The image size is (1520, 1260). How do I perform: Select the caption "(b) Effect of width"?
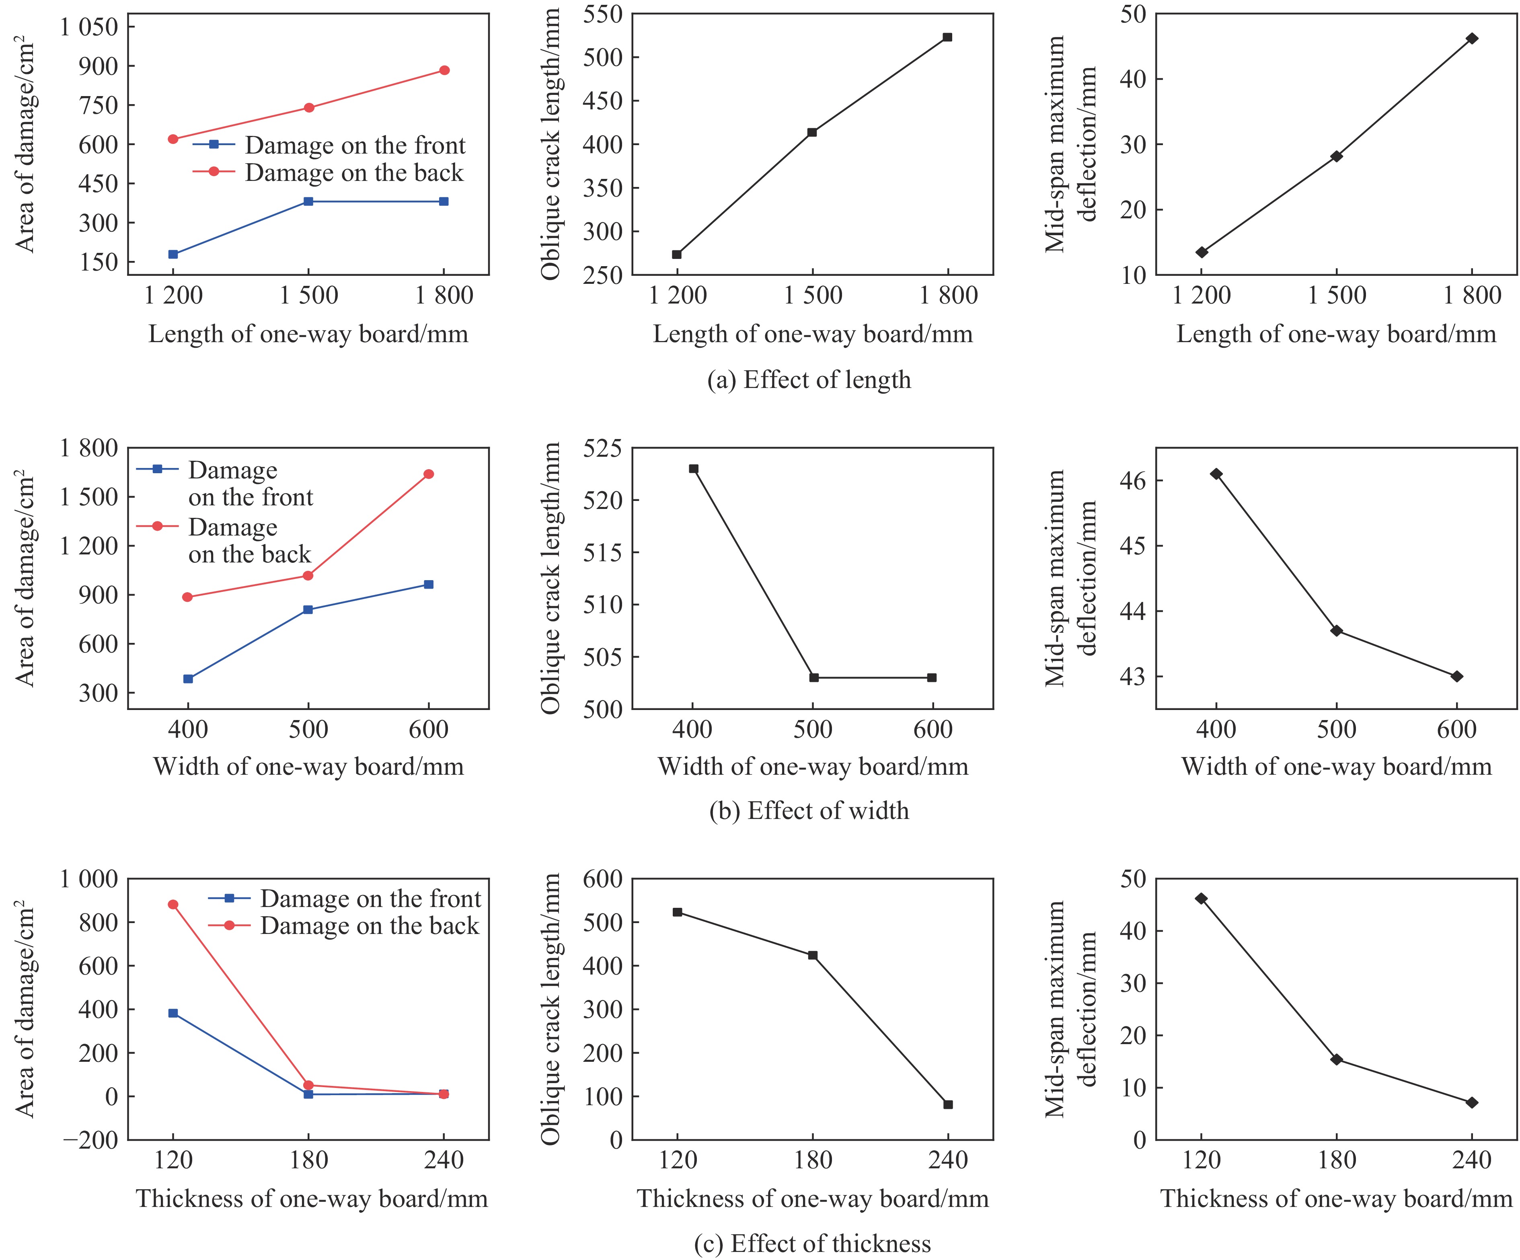coord(809,811)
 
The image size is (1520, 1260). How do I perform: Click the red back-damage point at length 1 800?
coord(444,70)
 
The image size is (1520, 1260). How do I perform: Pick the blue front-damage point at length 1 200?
coord(173,254)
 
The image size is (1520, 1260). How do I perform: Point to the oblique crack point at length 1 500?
coord(812,132)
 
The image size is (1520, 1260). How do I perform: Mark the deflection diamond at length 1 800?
coord(1471,38)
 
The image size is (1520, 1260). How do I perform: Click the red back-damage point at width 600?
coord(429,474)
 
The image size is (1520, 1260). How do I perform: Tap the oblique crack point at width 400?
coord(693,469)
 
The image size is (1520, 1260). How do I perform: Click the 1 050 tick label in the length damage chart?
coord(89,27)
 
